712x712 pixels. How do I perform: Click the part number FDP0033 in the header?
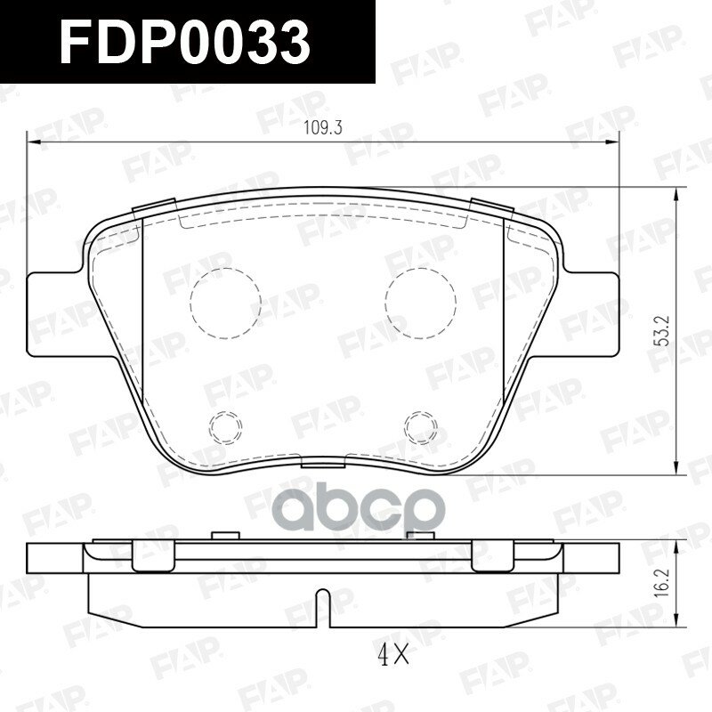pyautogui.click(x=185, y=43)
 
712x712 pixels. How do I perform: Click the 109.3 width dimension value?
pyautogui.click(x=322, y=128)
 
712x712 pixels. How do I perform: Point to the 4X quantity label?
pyautogui.click(x=393, y=656)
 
